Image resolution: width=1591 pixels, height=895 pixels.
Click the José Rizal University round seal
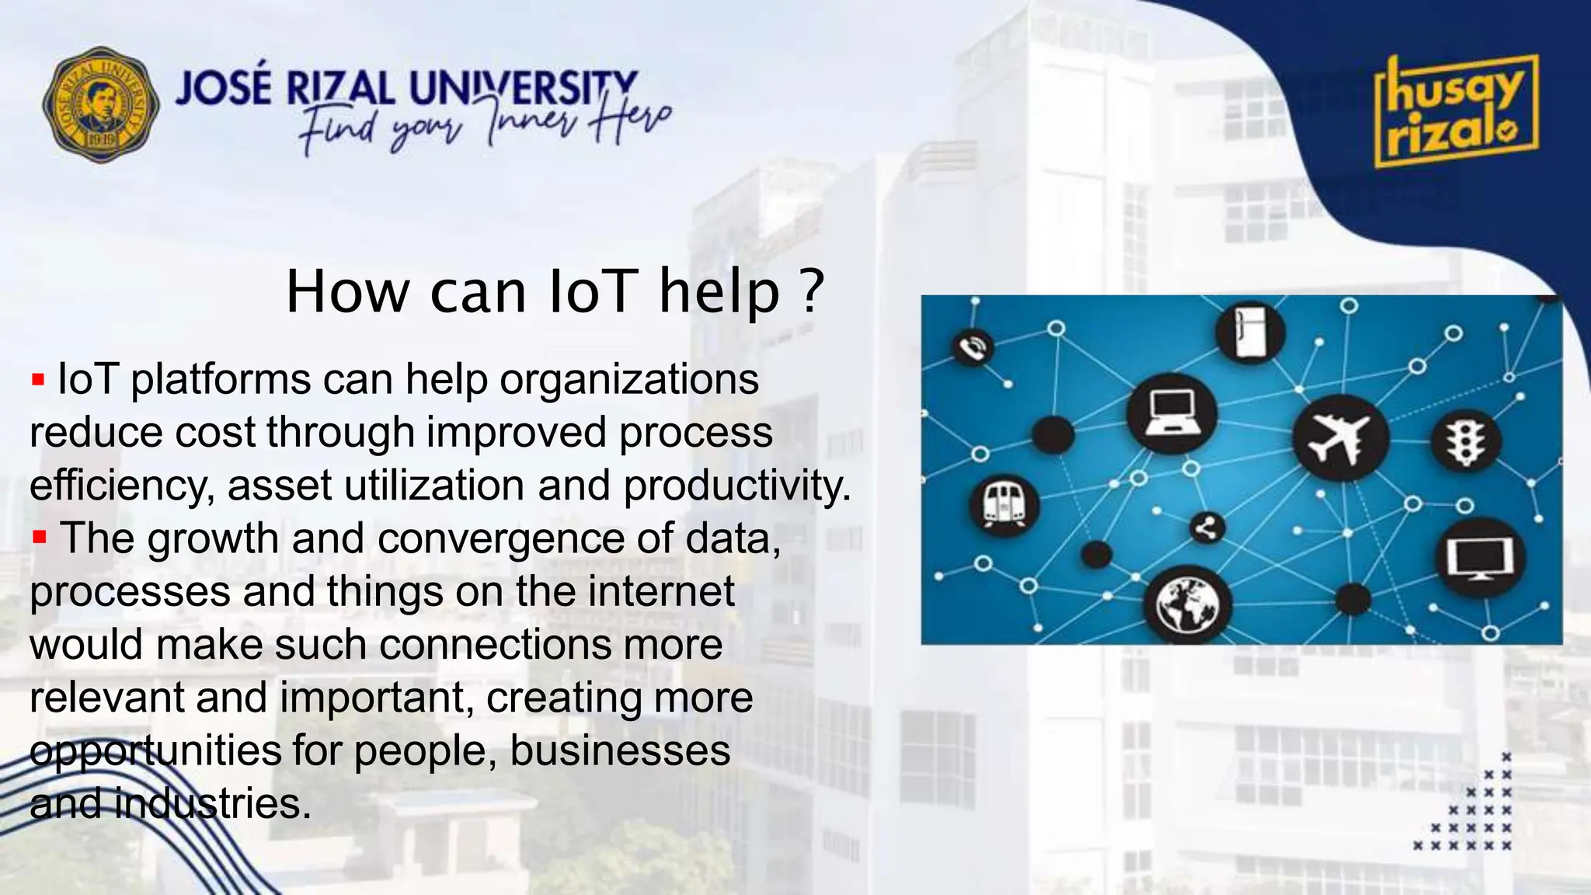coord(101,104)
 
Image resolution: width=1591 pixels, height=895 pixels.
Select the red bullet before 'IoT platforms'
coord(38,381)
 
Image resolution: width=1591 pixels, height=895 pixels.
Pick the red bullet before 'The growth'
coord(40,537)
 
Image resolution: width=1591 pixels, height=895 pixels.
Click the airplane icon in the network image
coord(1341,437)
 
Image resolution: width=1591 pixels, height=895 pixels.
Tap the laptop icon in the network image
coord(1171,413)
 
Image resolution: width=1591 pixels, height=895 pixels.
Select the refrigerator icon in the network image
coord(1250,333)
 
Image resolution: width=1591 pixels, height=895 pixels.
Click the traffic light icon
coord(1466,441)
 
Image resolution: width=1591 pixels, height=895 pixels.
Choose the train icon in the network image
coord(1004,504)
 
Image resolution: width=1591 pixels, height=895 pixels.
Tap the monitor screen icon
coord(1480,558)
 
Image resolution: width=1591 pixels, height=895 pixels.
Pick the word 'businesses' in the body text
coord(620,750)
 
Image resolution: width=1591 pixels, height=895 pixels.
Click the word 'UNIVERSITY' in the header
coord(522,88)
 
